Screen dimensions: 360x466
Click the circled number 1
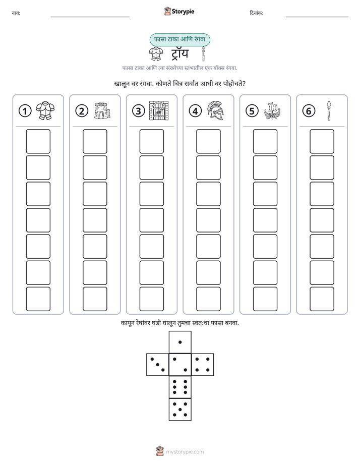tap(25, 111)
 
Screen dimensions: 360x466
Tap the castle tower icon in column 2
tap(102, 111)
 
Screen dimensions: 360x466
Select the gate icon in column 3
tap(159, 110)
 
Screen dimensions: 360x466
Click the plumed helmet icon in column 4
tap(216, 110)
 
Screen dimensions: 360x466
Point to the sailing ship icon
tap(272, 110)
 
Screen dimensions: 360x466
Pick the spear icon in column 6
tap(329, 110)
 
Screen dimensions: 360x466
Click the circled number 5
tap(252, 111)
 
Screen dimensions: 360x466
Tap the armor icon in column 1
tap(45, 110)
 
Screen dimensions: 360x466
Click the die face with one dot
tap(180, 342)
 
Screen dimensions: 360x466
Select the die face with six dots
tap(180, 387)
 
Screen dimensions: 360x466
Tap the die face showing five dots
tap(180, 410)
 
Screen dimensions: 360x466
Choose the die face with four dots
tap(203, 365)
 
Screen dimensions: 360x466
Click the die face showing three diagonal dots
tap(157, 365)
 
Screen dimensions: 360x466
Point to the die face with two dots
tap(180, 365)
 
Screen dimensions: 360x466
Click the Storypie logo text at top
tap(183, 12)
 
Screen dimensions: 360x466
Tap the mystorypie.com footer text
tap(185, 452)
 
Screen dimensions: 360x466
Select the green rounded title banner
tap(179, 40)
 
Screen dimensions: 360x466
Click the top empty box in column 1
tap(38, 141)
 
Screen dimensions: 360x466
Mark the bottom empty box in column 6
tap(322, 299)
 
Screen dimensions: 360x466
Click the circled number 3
tap(139, 111)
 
